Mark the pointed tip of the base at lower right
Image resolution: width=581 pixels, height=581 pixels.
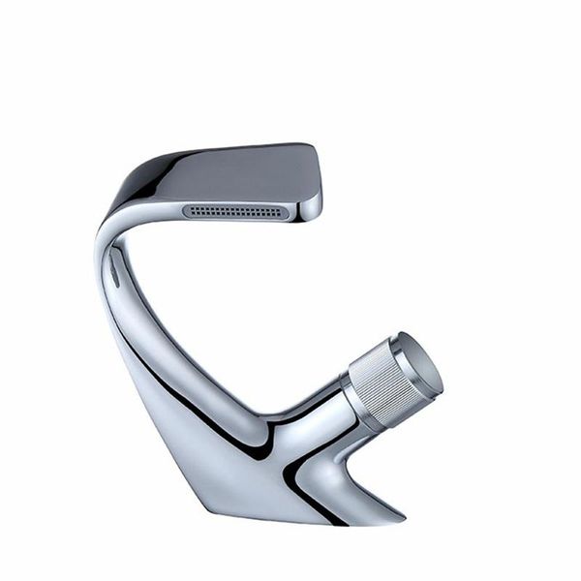pyautogui.click(x=401, y=509)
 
